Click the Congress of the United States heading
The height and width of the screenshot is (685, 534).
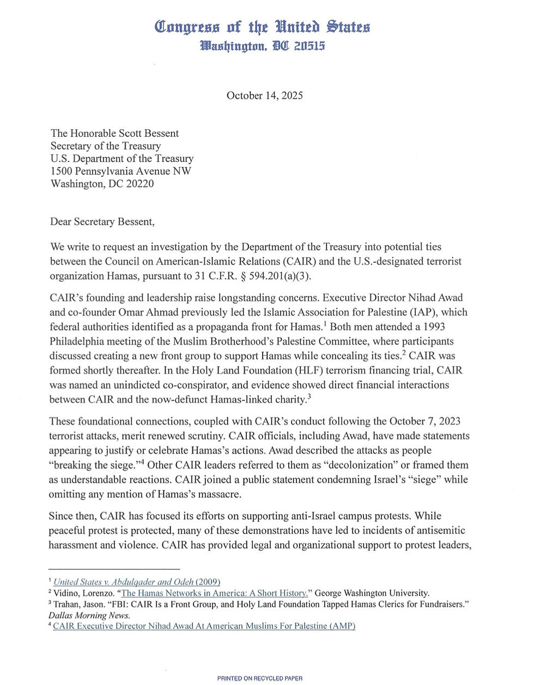click(x=262, y=26)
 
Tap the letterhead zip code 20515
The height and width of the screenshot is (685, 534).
click(x=309, y=46)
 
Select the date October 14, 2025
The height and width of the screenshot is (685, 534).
click(x=265, y=95)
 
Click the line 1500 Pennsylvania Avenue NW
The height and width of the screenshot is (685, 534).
click(x=121, y=171)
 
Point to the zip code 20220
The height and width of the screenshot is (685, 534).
click(x=139, y=183)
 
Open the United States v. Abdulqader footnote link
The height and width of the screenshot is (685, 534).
click(x=137, y=582)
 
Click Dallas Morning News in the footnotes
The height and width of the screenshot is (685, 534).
click(x=89, y=615)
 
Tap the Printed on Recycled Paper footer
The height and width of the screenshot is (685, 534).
click(x=259, y=678)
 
